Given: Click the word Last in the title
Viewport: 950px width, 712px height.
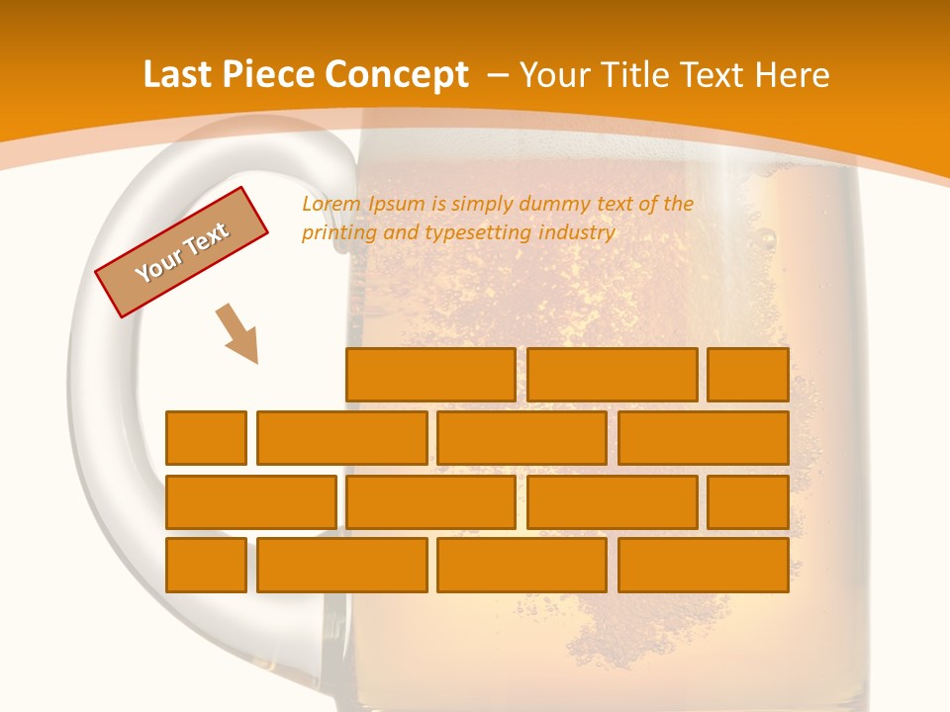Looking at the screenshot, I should pyautogui.click(x=176, y=75).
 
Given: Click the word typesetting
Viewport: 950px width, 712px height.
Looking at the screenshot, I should pyautogui.click(x=478, y=233).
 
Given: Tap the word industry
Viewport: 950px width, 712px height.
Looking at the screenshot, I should pyautogui.click(x=577, y=233).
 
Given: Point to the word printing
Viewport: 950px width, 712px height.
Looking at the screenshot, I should pyautogui.click(x=336, y=233).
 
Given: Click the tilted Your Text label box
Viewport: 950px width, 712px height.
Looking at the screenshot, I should pyautogui.click(x=182, y=252).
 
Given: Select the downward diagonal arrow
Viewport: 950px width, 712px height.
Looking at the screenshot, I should pyautogui.click(x=237, y=334).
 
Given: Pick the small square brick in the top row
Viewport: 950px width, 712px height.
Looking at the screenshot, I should pyautogui.click(x=748, y=375).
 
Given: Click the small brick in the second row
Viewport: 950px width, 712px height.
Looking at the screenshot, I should pyautogui.click(x=206, y=438).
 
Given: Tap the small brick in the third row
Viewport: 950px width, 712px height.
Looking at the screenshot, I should pyautogui.click(x=748, y=502).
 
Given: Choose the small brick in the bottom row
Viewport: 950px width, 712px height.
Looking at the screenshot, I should pyautogui.click(x=206, y=566).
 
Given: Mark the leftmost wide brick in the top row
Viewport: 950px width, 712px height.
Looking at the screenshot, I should pyautogui.click(x=430, y=375).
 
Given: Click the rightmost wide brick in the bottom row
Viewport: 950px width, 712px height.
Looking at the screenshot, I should pyautogui.click(x=704, y=566).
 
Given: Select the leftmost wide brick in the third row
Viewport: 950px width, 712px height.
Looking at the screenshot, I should pyautogui.click(x=250, y=502).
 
